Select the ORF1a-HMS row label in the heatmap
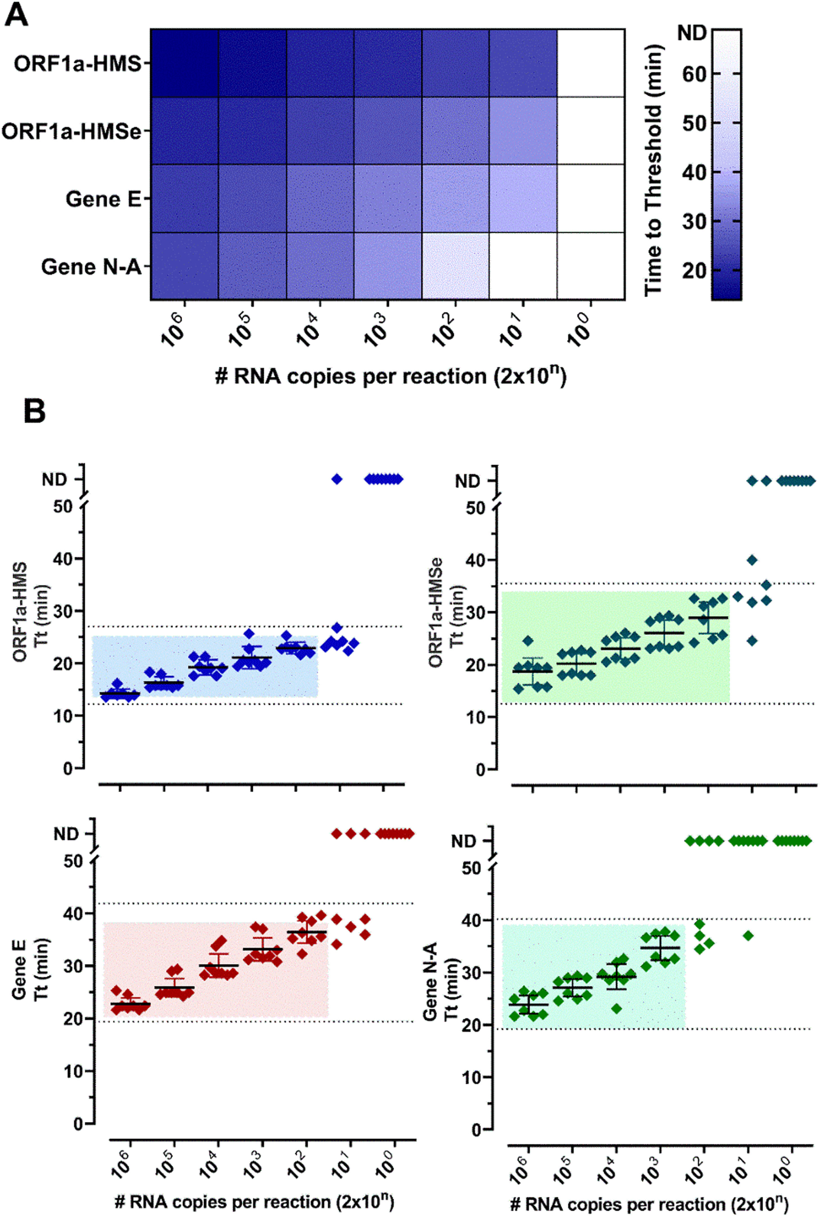point(77,64)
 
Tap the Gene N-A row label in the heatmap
point(91,267)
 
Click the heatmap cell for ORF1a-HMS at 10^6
point(184,63)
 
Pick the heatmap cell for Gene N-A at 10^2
point(455,266)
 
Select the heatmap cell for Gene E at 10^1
point(523,198)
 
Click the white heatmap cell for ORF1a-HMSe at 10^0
point(590,130)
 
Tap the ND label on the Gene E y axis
point(66,834)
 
